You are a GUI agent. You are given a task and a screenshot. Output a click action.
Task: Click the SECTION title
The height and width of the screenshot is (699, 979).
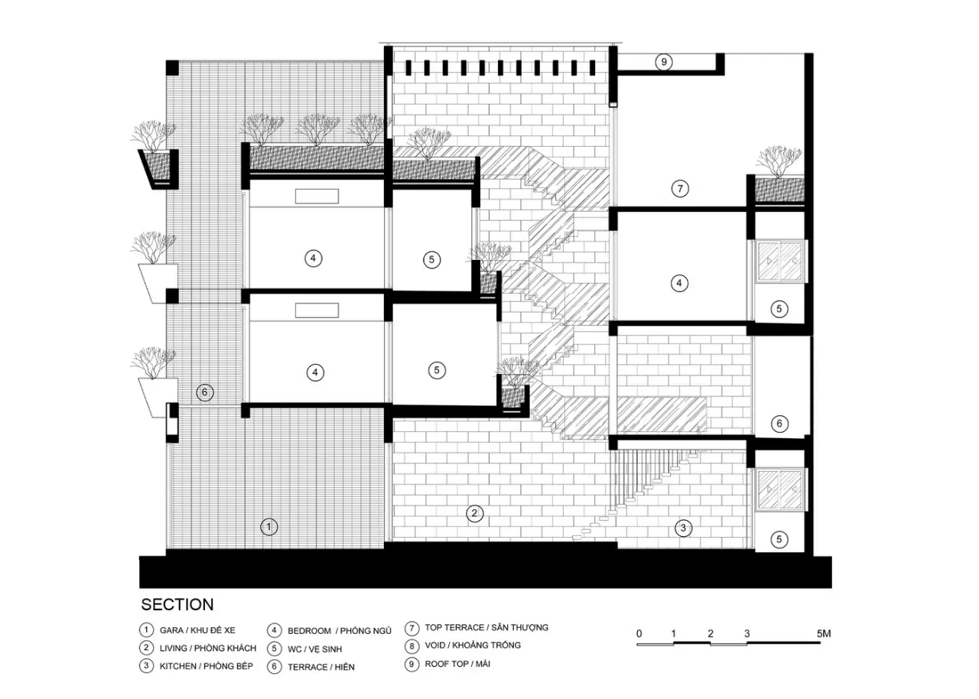click(x=177, y=605)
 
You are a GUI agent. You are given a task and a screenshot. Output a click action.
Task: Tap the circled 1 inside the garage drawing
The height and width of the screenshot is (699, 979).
click(x=268, y=526)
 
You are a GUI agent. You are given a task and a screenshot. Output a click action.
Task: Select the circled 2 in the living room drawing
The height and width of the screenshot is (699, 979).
click(x=475, y=513)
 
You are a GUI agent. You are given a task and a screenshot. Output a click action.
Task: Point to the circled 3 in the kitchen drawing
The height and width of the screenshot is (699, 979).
click(x=684, y=528)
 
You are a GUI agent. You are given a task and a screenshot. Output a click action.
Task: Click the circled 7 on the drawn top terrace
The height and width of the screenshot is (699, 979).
click(x=680, y=189)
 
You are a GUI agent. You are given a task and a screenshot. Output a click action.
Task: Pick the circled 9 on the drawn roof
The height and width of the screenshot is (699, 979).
click(x=664, y=62)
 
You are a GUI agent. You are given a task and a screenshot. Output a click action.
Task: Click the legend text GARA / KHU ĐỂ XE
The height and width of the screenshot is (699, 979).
click(x=197, y=630)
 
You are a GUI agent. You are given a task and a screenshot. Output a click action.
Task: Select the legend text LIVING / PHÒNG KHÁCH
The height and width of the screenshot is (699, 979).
click(x=207, y=648)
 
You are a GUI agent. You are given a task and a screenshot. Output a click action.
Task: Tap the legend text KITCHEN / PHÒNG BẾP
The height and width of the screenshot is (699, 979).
click(x=206, y=666)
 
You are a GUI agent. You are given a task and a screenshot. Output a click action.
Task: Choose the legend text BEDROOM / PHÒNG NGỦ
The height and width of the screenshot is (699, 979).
click(x=339, y=630)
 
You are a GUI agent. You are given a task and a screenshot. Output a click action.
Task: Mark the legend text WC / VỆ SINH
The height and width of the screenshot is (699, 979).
click(x=314, y=649)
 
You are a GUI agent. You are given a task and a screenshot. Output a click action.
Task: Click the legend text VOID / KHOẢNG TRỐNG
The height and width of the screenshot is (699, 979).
click(x=473, y=645)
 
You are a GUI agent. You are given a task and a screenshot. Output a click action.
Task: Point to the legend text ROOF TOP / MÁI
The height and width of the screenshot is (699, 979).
click(x=457, y=664)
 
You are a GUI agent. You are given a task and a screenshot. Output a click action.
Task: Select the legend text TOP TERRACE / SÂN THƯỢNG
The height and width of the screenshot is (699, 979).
click(x=486, y=627)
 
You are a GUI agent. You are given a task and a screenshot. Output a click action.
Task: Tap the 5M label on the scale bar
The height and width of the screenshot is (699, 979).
click(x=824, y=633)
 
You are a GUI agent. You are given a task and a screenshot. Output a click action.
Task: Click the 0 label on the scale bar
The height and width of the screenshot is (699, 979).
click(x=639, y=633)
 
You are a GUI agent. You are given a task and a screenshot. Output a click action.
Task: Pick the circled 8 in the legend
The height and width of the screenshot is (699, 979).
click(x=411, y=645)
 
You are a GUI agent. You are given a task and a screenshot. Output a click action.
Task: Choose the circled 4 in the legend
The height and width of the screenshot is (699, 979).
click(x=275, y=630)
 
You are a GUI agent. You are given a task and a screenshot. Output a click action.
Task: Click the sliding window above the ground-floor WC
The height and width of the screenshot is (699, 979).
click(x=779, y=489)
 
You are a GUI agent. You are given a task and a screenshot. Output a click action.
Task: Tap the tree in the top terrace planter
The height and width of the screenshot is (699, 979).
click(x=779, y=161)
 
